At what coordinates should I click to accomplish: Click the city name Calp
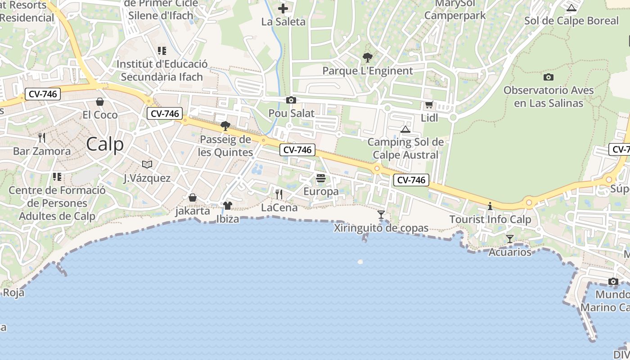pyautogui.click(x=104, y=144)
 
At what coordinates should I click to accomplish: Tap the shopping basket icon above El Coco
pyautogui.click(x=100, y=102)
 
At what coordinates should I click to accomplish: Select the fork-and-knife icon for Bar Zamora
pyautogui.click(x=42, y=137)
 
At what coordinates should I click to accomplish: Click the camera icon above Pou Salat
pyautogui.click(x=291, y=100)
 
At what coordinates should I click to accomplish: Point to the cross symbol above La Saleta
pyautogui.click(x=283, y=8)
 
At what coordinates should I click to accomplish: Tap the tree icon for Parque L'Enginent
pyautogui.click(x=368, y=58)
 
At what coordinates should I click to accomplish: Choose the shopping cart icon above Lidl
pyautogui.click(x=429, y=105)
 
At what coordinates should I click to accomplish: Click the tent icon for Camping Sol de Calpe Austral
pyautogui.click(x=405, y=130)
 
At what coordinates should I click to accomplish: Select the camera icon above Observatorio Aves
pyautogui.click(x=548, y=77)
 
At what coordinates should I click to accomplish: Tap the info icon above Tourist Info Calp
pyautogui.click(x=490, y=206)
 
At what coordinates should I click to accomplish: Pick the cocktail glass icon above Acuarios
pyautogui.click(x=510, y=239)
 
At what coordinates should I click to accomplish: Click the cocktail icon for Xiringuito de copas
pyautogui.click(x=381, y=215)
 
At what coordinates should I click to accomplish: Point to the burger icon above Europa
pyautogui.click(x=321, y=179)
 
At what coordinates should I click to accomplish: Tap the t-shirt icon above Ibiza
pyautogui.click(x=228, y=206)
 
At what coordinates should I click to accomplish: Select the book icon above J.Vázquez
pyautogui.click(x=147, y=165)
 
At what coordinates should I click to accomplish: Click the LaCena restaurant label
pyautogui.click(x=279, y=207)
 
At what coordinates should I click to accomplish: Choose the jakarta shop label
pyautogui.click(x=193, y=211)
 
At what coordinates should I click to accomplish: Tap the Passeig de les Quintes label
pyautogui.click(x=225, y=146)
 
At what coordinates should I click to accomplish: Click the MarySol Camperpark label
pyautogui.click(x=455, y=9)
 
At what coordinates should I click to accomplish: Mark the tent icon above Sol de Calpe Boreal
pyautogui.click(x=571, y=8)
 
